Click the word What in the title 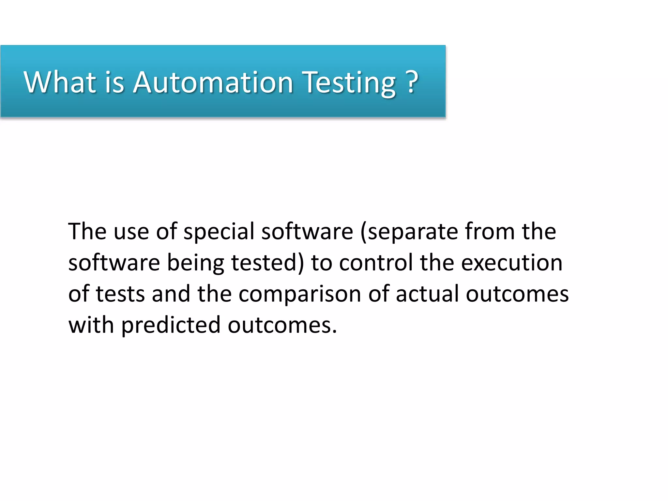point(60,82)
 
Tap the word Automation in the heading point(213,82)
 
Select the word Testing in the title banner point(349,82)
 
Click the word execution point(512,263)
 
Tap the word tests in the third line point(120,294)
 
